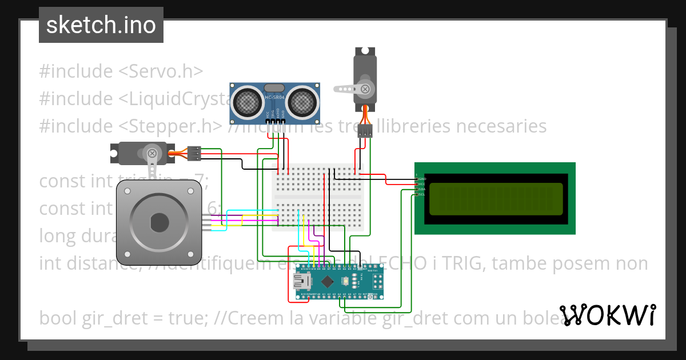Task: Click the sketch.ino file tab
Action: pyautogui.click(x=101, y=25)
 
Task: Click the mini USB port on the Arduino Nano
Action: pyautogui.click(x=301, y=281)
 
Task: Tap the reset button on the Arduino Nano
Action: pyautogui.click(x=346, y=281)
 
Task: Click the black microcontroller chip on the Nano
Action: pyautogui.click(x=328, y=281)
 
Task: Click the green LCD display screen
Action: pyautogui.click(x=495, y=198)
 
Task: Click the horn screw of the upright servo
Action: pyautogui.click(x=365, y=89)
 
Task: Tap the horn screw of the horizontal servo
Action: pyautogui.click(x=152, y=153)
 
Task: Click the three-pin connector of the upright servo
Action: pyautogui.click(x=365, y=132)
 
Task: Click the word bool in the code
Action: pyautogui.click(x=58, y=318)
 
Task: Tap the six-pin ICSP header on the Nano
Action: pyautogui.click(x=377, y=281)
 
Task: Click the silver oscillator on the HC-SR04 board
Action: pyautogui.click(x=275, y=88)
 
